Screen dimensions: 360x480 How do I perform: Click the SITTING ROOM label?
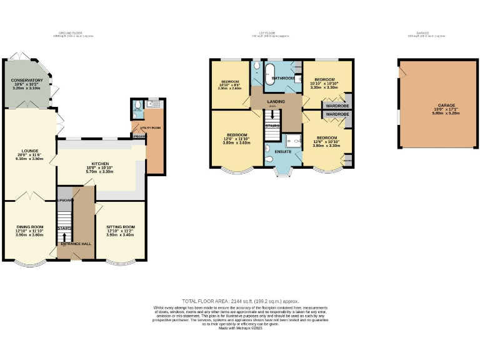119,227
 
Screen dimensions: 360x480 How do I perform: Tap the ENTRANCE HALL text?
75,244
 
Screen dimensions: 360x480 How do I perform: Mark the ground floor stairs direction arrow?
65,237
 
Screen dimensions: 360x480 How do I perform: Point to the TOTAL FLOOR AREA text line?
240,301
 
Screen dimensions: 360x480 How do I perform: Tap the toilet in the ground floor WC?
136,114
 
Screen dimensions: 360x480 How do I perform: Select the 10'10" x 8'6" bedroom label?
229,85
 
